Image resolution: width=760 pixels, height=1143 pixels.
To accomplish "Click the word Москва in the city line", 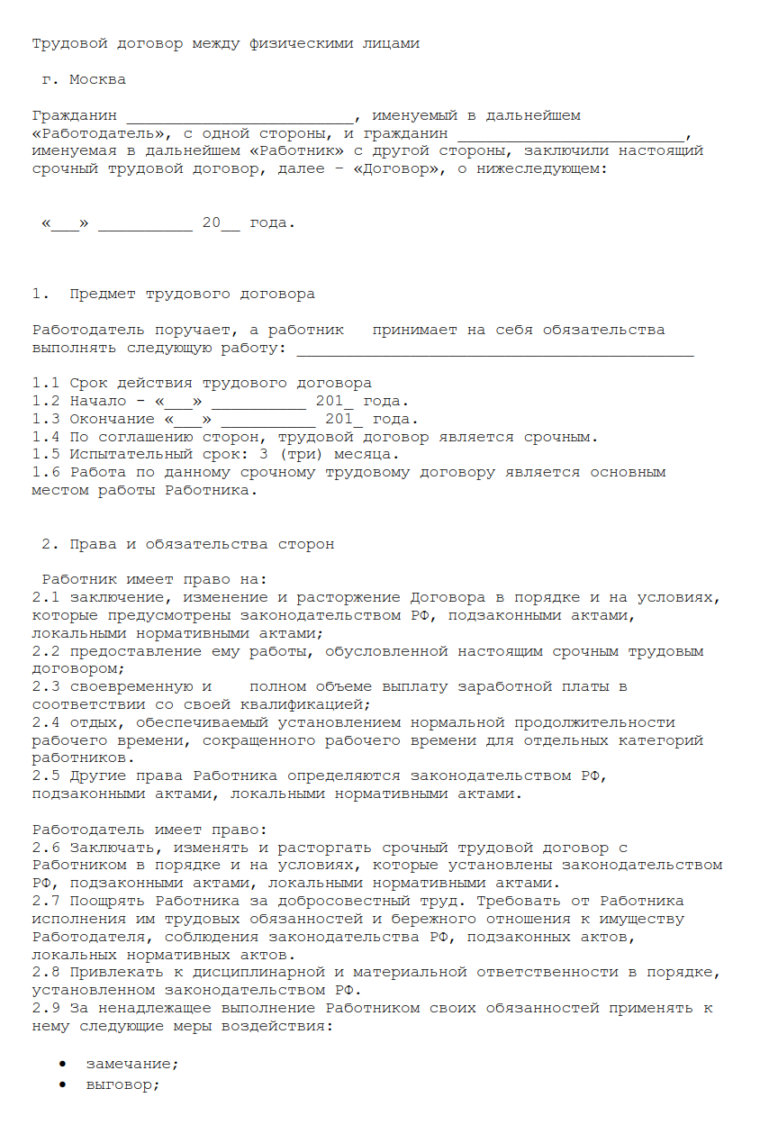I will pos(97,79).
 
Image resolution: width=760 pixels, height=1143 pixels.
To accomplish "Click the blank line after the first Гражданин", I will pos(240,117).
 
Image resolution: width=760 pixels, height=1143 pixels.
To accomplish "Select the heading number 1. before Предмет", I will pos(41,295).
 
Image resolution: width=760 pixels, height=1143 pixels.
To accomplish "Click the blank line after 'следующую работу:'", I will pos(495,349).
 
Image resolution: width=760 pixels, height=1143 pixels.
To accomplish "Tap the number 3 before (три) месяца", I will pos(262,455).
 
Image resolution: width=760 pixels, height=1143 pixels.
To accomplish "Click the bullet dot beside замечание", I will pos(62,1064).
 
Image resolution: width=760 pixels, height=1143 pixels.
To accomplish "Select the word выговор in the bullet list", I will pos(121,1084).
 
